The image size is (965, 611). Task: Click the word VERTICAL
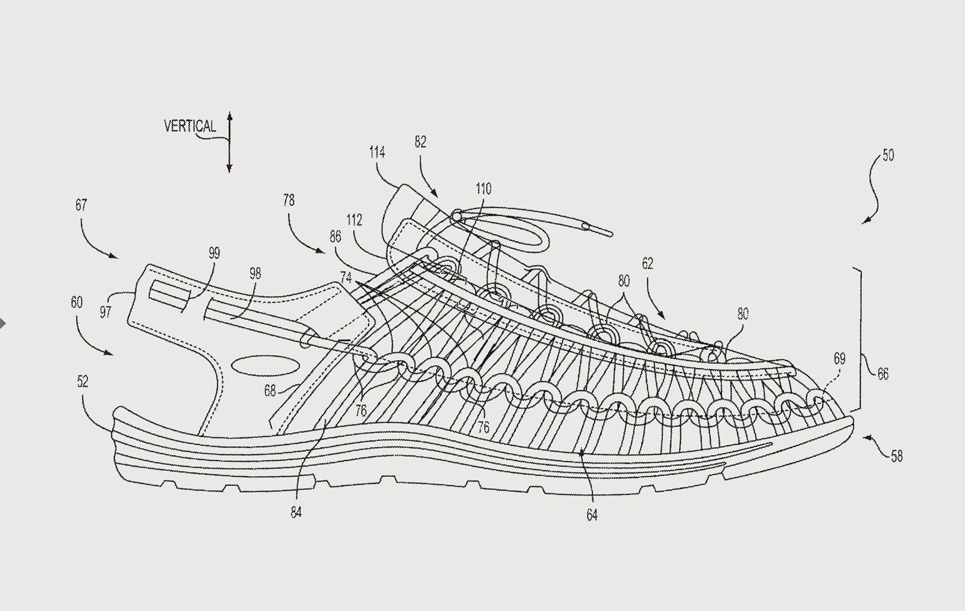[190, 127]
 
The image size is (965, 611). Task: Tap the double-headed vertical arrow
[230, 142]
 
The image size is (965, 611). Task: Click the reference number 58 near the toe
[896, 456]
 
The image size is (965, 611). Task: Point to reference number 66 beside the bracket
[882, 374]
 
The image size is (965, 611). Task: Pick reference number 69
[840, 359]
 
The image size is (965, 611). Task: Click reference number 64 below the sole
[592, 515]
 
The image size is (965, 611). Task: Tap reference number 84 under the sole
[296, 512]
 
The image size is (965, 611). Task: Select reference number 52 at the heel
[83, 382]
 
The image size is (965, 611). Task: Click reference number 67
[81, 205]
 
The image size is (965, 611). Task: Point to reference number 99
[214, 253]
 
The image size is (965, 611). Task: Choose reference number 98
[255, 274]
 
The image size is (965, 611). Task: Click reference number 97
[106, 312]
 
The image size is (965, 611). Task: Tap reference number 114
[377, 153]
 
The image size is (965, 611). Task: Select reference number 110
[483, 188]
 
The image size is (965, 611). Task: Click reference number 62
[648, 264]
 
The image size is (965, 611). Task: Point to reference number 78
[289, 199]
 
